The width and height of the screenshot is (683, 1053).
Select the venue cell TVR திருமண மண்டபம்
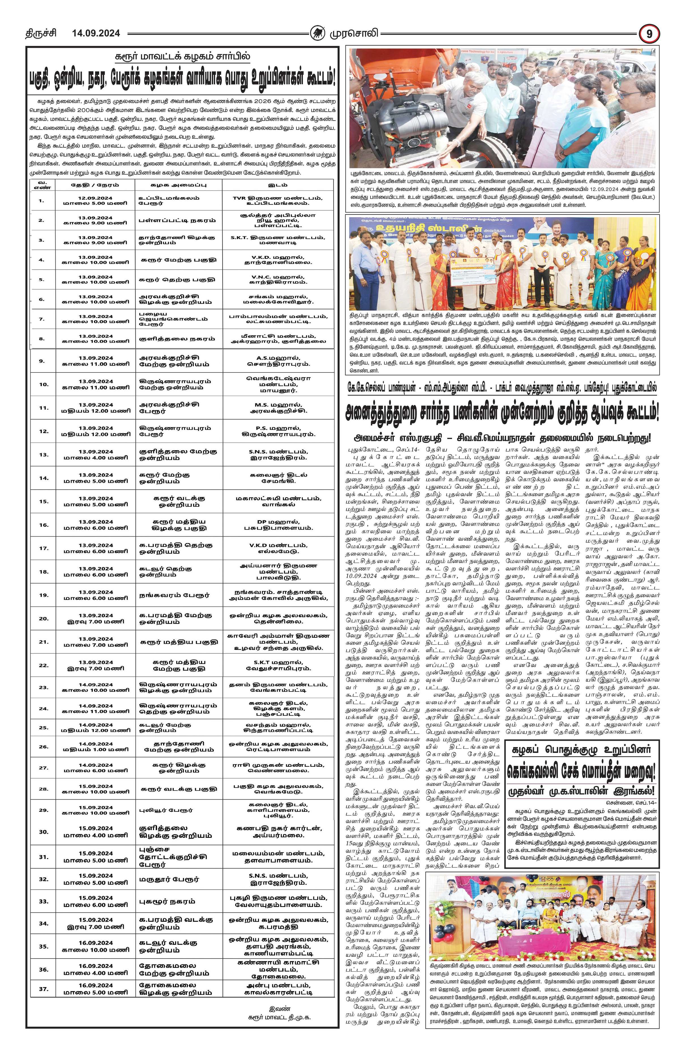click(278, 198)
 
